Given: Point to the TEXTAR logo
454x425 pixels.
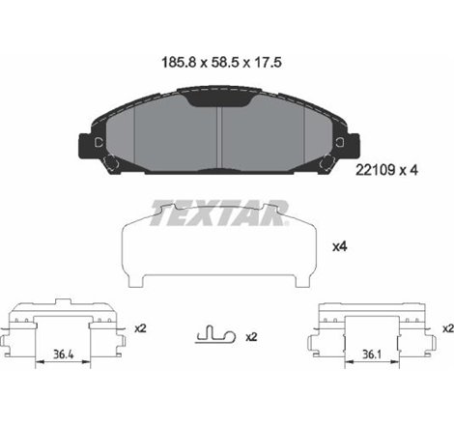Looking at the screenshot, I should [220, 210].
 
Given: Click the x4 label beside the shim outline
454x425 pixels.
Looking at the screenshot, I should [339, 248].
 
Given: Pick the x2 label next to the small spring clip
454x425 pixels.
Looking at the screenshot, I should [251, 338].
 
